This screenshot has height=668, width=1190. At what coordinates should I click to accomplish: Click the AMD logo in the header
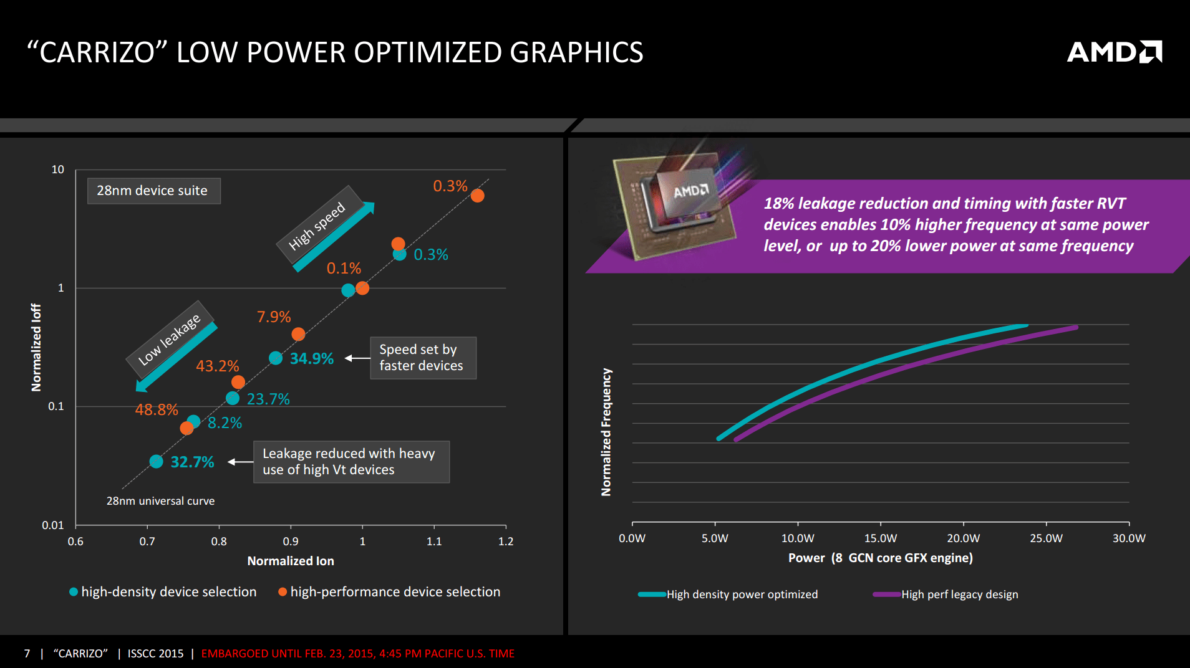[1114, 52]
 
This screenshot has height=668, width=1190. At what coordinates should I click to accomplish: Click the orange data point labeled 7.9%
[298, 334]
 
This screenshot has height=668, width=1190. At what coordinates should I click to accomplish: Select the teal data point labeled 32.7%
[156, 462]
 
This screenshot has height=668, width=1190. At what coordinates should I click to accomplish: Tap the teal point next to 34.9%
[276, 358]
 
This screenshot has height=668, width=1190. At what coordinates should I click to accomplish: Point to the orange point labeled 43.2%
[238, 382]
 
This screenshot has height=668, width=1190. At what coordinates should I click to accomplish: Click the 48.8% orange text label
[157, 409]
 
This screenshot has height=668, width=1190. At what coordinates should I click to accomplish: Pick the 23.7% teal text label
[268, 399]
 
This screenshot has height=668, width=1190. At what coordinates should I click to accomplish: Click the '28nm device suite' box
[153, 191]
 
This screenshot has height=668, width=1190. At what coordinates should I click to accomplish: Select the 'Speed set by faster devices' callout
[423, 358]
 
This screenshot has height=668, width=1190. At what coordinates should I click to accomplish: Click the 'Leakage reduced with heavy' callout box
[351, 462]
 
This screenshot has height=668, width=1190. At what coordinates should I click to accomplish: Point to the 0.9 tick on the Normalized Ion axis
[291, 541]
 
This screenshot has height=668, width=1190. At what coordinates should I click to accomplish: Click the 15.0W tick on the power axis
[880, 538]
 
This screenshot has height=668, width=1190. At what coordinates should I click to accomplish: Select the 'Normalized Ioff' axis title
[36, 347]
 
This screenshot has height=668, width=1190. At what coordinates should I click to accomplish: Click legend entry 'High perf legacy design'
[959, 594]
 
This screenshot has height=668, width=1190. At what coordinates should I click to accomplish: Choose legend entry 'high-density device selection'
[168, 592]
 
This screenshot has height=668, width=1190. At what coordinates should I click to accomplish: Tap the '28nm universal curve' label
[160, 501]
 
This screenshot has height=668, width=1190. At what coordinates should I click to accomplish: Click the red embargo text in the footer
[357, 654]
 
